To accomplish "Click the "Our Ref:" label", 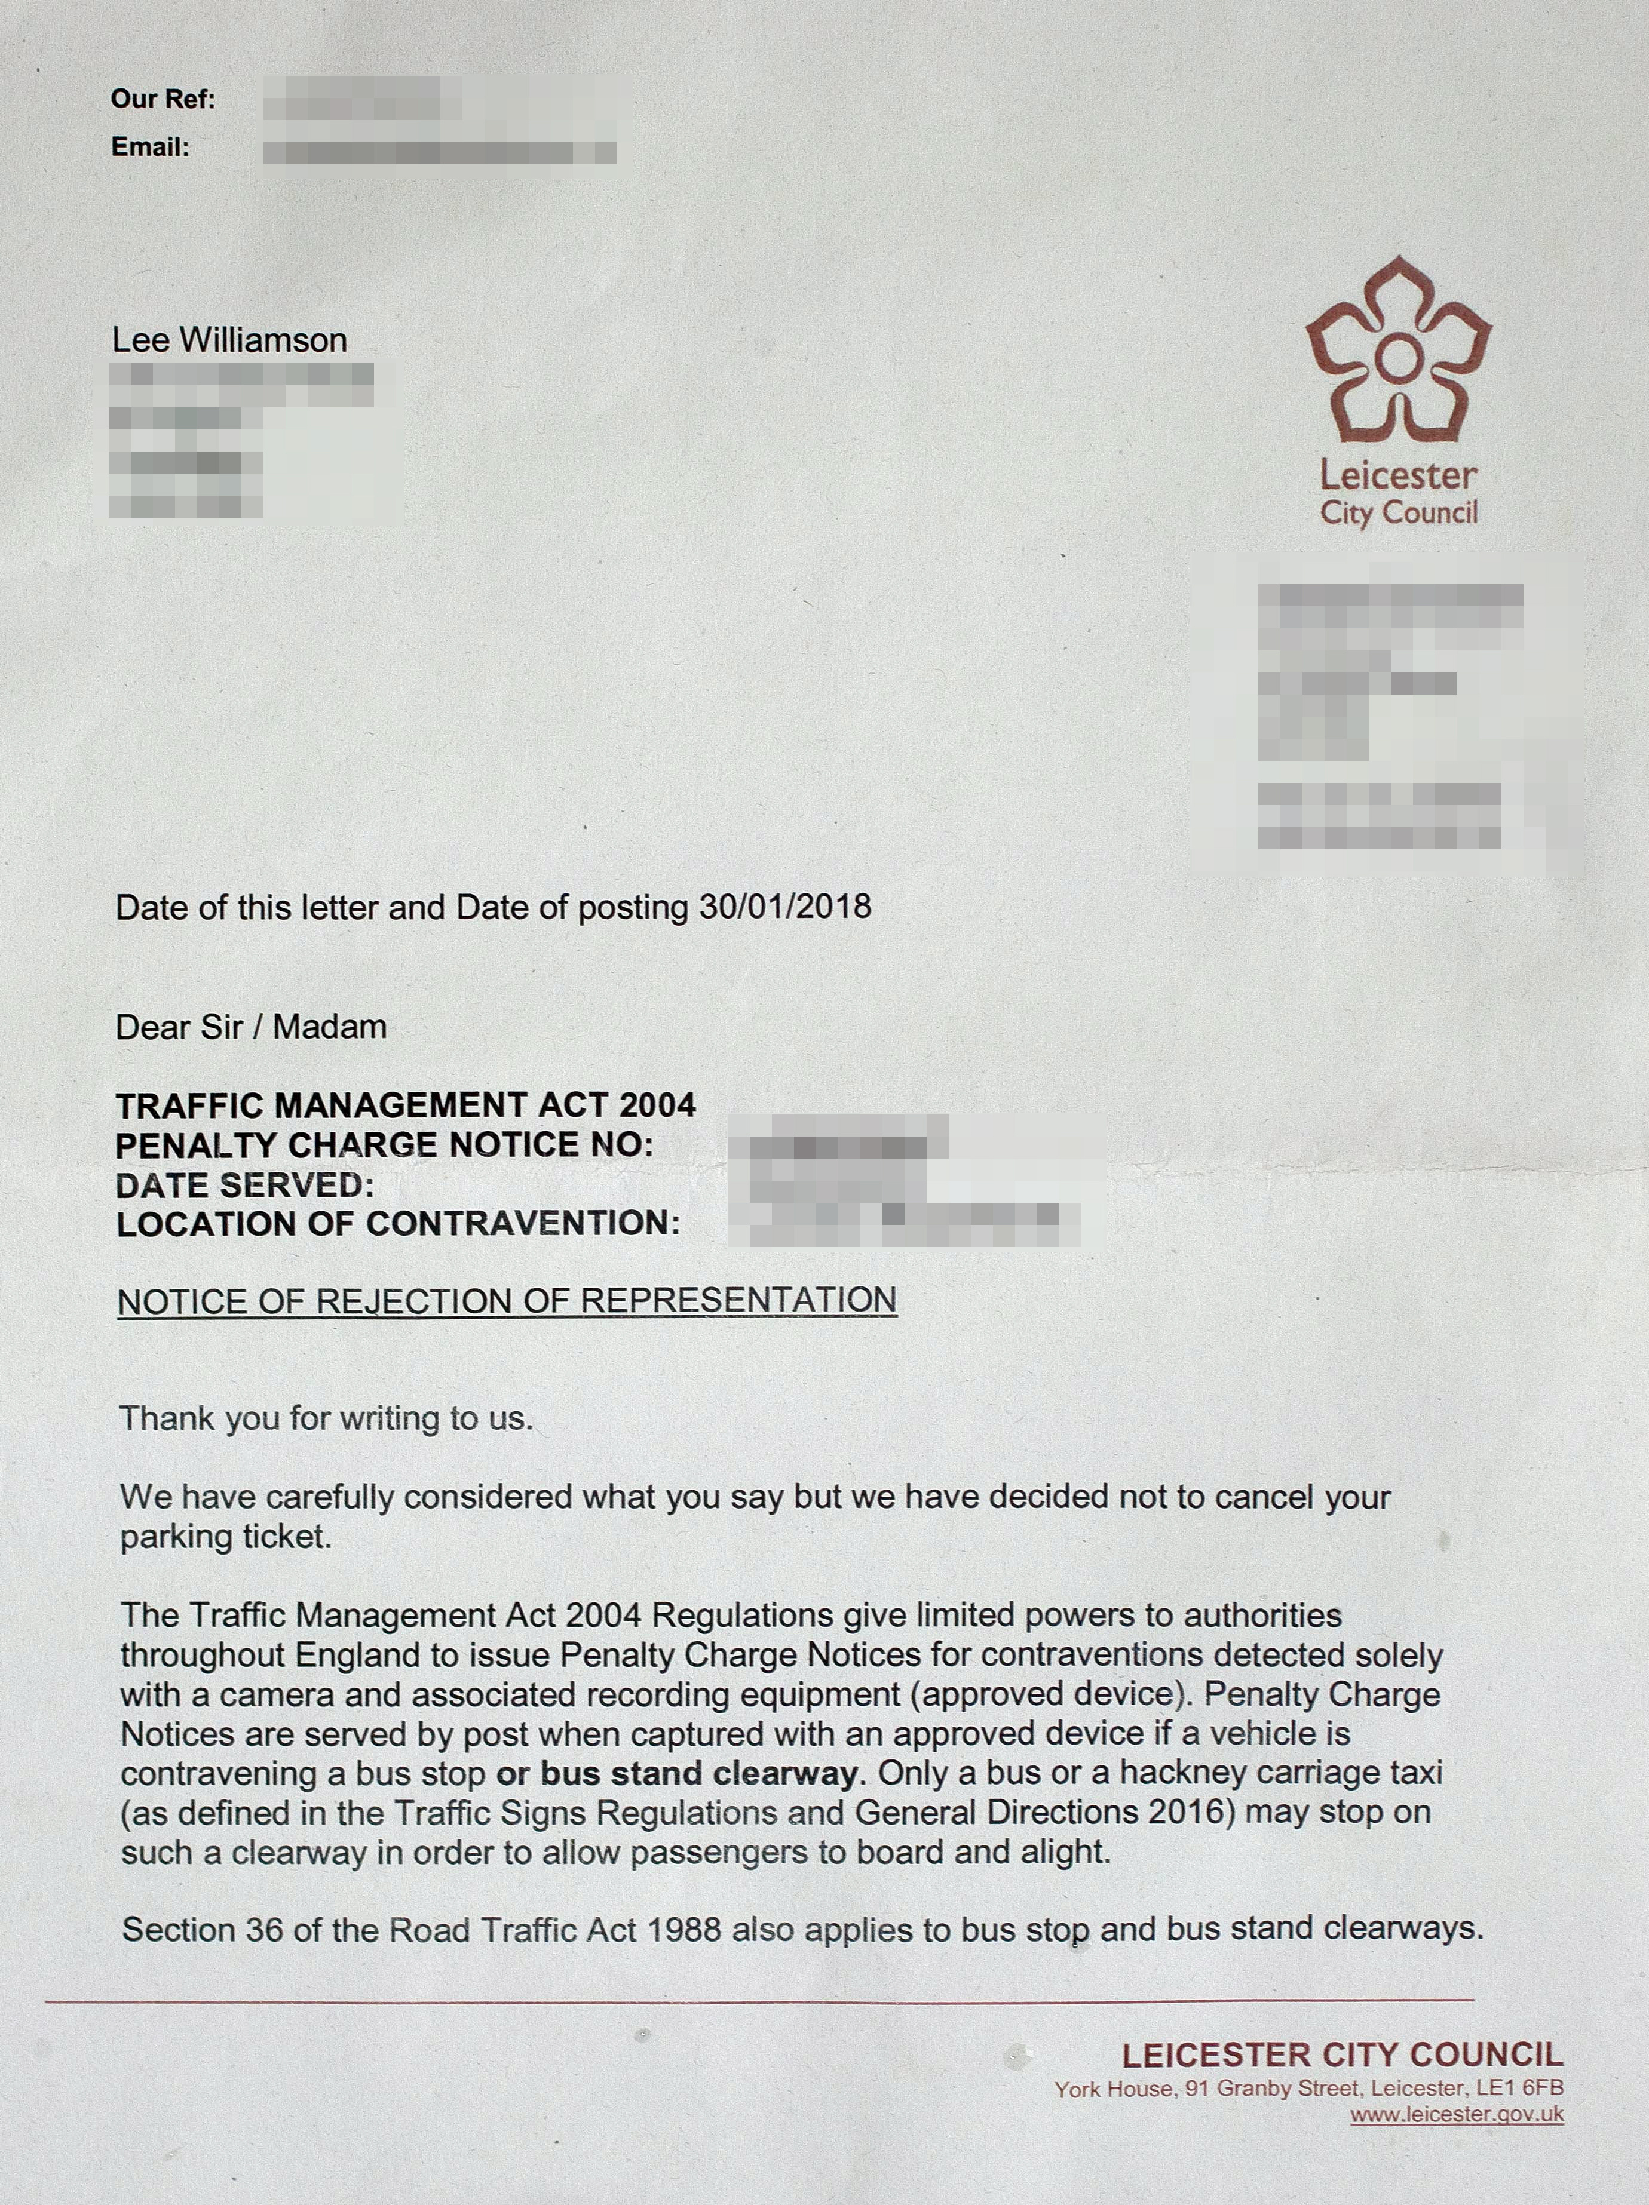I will (163, 99).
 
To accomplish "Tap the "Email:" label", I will (149, 148).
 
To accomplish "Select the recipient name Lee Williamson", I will (229, 340).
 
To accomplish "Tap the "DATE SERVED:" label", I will (244, 1186).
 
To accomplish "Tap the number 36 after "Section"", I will (264, 1930).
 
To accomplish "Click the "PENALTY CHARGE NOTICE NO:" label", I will (384, 1146).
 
